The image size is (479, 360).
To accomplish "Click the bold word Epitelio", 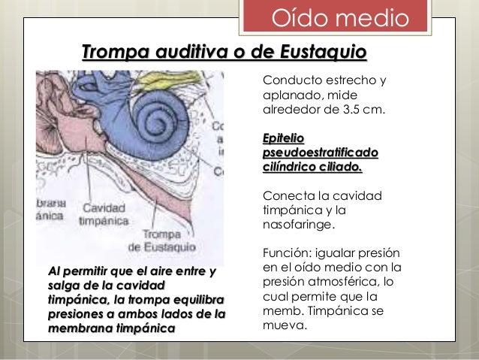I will pos(283,138).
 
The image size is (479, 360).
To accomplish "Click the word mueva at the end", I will pos(283,326).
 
